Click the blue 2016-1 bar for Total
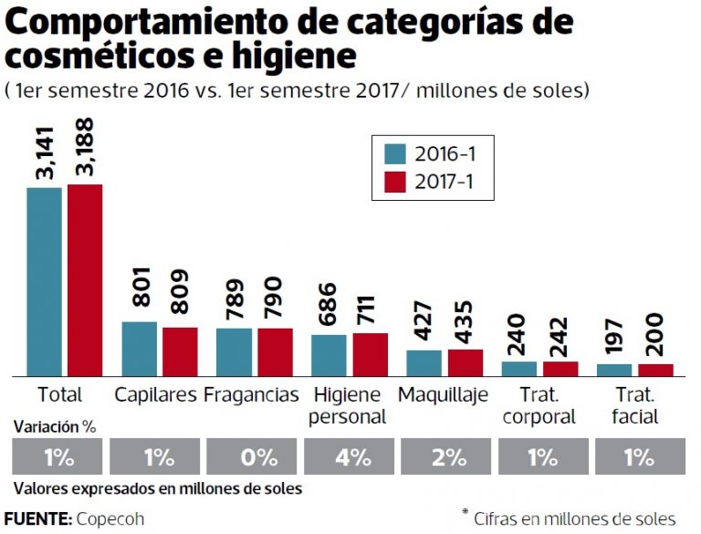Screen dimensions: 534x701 [x=44, y=281]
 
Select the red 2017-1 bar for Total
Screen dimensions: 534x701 [x=84, y=279]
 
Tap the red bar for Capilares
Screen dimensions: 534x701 [x=180, y=351]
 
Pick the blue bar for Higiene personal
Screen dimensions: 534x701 [x=329, y=355]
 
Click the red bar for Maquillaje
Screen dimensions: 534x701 [x=465, y=362]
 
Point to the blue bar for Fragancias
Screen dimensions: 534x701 [x=234, y=351]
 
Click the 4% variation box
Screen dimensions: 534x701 [x=351, y=457]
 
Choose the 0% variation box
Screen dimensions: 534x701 [x=254, y=457]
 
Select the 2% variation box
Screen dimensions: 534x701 [x=448, y=457]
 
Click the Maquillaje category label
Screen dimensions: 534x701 [x=443, y=395]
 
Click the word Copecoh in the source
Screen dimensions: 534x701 [x=110, y=518]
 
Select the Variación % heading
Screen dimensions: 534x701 [x=55, y=425]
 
